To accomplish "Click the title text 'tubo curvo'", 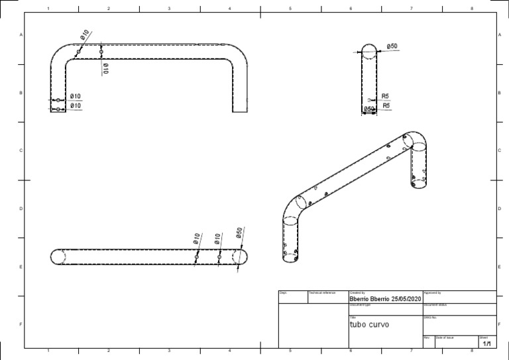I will [x=369, y=325].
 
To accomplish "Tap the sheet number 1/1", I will [x=486, y=344].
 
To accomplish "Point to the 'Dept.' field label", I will [x=283, y=292].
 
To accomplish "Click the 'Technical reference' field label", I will [x=322, y=292].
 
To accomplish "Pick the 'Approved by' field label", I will [x=432, y=292].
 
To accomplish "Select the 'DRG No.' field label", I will [x=430, y=317].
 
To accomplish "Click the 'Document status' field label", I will [x=436, y=305].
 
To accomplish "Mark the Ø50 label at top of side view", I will [x=392, y=46].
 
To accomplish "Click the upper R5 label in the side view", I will [x=386, y=95].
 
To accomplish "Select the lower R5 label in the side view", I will [x=386, y=105].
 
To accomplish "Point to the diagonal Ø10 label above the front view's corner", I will [x=85, y=36].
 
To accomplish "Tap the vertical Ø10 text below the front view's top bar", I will [x=105, y=68].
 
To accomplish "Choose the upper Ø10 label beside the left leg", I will [x=76, y=96].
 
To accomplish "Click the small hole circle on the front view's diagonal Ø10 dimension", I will [x=78, y=52].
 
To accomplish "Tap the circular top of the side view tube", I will [x=368, y=52].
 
